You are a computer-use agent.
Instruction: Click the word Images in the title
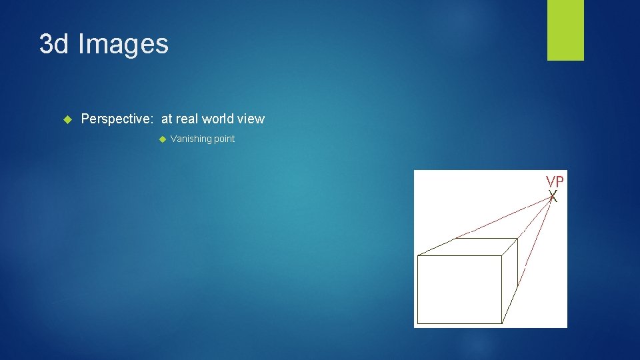click(x=123, y=44)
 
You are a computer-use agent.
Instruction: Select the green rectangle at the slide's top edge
click(x=565, y=30)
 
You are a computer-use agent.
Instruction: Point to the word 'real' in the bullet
click(x=187, y=119)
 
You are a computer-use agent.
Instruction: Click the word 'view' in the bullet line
click(x=251, y=119)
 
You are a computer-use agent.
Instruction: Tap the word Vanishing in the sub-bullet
click(x=191, y=139)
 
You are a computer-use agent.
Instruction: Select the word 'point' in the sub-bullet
click(x=224, y=139)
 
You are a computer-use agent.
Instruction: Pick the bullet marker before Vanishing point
click(x=162, y=139)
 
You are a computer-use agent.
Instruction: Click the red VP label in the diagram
click(x=555, y=181)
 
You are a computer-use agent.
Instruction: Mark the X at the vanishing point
click(x=553, y=196)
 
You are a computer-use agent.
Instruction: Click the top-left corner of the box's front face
click(x=417, y=256)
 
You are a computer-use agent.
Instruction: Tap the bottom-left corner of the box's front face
click(x=417, y=323)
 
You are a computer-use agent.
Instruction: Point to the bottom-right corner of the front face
click(x=501, y=323)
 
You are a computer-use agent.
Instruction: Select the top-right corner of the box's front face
click(x=501, y=256)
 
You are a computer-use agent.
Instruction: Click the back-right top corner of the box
click(x=518, y=238)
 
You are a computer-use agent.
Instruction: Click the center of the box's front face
click(x=459, y=289)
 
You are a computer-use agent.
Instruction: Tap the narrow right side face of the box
click(x=510, y=280)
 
